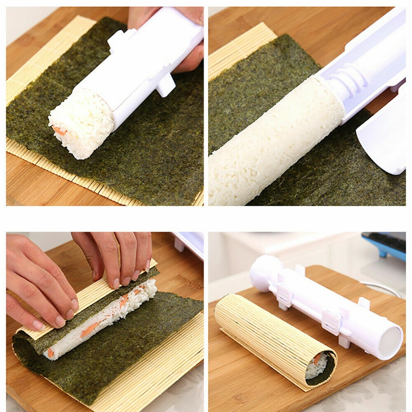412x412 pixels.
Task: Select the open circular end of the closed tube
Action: (390, 342)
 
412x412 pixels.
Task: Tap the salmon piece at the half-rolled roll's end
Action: (50, 352)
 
